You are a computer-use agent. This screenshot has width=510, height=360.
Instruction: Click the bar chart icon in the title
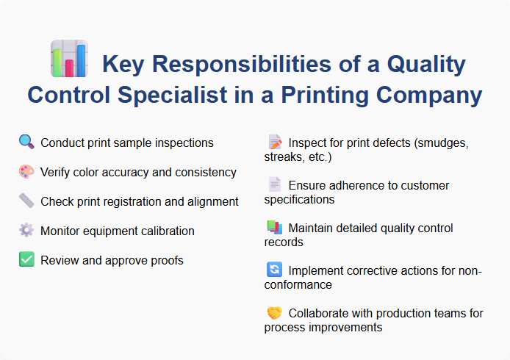68,59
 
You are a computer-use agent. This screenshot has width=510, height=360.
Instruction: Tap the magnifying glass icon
26,143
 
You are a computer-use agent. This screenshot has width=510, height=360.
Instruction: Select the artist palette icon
26,172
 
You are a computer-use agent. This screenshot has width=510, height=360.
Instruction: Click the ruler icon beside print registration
26,201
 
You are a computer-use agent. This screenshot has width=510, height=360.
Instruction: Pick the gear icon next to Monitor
26,231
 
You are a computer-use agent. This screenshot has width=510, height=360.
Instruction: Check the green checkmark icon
26,260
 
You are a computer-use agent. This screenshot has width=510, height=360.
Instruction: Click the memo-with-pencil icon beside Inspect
274,143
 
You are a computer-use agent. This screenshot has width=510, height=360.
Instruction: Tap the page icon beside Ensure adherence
274,185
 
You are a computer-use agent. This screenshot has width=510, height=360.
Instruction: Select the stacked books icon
274,228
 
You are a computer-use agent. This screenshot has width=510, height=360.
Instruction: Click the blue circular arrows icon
274,270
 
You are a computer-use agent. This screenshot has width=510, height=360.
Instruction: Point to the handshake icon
274,313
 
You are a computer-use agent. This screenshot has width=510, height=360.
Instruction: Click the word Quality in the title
423,65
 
